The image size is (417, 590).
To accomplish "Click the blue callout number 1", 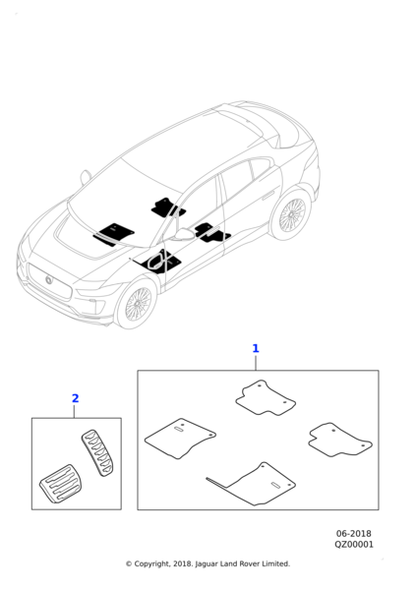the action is tap(256, 348).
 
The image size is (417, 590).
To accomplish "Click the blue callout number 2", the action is tap(76, 398).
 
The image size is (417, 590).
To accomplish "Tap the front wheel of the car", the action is tap(138, 304).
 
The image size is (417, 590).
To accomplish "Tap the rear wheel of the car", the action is tap(291, 214).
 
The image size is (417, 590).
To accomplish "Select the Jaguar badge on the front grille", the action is tap(49, 279).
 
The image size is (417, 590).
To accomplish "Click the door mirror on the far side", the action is tap(86, 177).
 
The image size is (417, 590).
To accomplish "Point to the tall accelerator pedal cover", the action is tap(97, 452).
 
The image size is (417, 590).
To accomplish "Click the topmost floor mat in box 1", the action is tap(266, 398).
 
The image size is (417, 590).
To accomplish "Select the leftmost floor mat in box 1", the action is tap(180, 439).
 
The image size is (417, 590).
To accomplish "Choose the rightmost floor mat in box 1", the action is tap(340, 440).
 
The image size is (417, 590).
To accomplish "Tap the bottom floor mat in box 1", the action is tap(256, 484).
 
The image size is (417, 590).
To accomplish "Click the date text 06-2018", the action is tap(353, 534).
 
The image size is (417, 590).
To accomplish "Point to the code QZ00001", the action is tap(354, 545).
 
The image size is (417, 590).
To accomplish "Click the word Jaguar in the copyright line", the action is tap(206, 564).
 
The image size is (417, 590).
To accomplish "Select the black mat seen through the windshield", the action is tap(114, 234).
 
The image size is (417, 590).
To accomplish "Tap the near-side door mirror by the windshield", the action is tap(183, 234).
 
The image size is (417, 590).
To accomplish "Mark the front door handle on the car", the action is tap(268, 196).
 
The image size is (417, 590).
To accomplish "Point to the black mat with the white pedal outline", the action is tap(160, 261).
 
